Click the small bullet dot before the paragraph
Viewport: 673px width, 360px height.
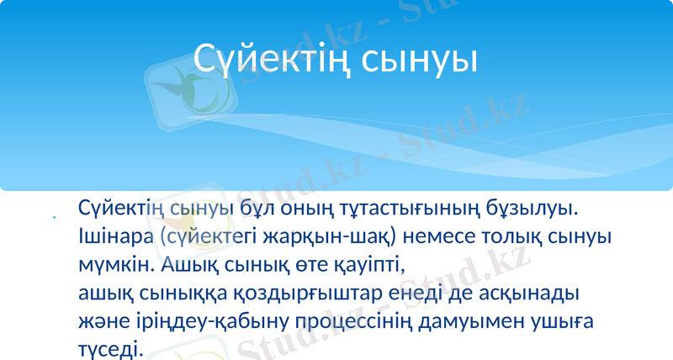click(54, 220)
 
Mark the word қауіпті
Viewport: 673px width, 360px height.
click(363, 265)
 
